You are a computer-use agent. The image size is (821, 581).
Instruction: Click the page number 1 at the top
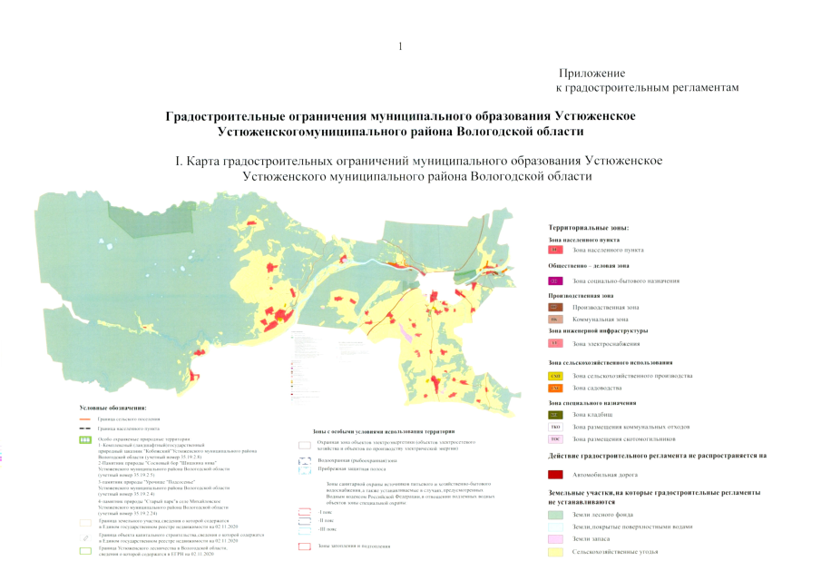pos(399,45)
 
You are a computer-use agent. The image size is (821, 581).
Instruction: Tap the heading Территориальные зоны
pos(589,227)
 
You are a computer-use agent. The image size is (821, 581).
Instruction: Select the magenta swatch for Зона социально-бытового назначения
pos(556,281)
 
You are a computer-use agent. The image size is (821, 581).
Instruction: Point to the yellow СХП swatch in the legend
pos(556,376)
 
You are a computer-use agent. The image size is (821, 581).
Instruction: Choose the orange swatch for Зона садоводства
pos(556,388)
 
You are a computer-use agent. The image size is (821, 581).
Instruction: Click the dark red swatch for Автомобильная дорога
pos(556,474)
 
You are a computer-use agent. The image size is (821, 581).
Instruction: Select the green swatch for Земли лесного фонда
pos(556,514)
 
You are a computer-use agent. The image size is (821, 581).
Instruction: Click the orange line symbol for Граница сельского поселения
pos(85,419)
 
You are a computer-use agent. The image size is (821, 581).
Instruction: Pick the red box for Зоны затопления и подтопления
pos(305,547)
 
